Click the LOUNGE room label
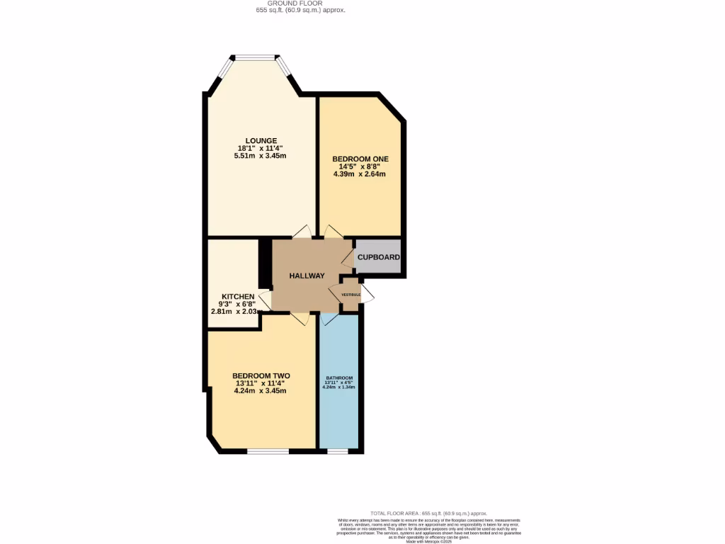(x=261, y=140)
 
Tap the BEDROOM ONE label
(x=360, y=158)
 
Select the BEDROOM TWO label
(x=261, y=376)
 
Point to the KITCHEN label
(x=238, y=296)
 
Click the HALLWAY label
(x=307, y=276)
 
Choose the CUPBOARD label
(x=379, y=257)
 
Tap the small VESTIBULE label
(x=351, y=294)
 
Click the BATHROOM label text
(x=339, y=378)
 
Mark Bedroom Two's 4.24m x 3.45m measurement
(x=261, y=391)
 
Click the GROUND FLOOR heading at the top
(x=300, y=4)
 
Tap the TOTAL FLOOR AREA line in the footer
(x=429, y=513)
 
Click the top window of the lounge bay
(x=256, y=57)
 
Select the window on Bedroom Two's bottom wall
(x=267, y=450)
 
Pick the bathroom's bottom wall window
(x=338, y=450)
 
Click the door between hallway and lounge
(x=302, y=232)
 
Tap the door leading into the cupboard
(x=348, y=256)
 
